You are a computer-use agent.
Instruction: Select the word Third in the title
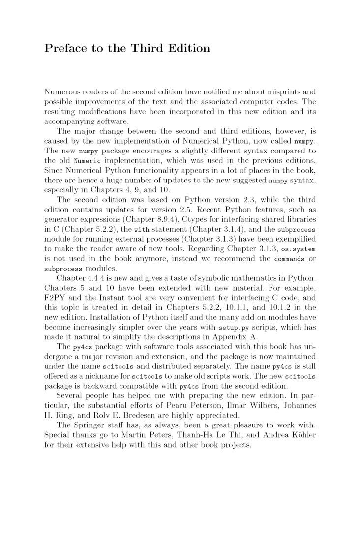tap(144, 49)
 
